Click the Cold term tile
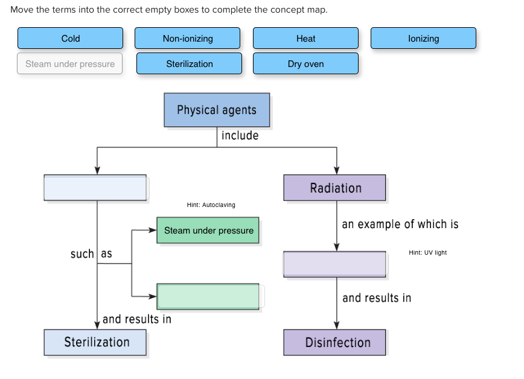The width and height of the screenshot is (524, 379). point(71,38)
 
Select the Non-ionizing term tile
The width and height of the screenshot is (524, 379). point(187,38)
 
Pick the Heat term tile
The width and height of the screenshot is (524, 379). point(305,38)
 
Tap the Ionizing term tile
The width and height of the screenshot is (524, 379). point(423,38)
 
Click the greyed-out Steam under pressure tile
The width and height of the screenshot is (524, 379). point(70,64)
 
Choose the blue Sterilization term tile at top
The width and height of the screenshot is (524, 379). point(189,64)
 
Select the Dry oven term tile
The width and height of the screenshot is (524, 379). point(305,64)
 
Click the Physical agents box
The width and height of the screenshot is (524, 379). point(217,110)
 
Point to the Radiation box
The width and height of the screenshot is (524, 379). point(334,188)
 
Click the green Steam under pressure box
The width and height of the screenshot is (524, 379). point(208,231)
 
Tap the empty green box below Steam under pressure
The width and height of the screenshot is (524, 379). point(208,296)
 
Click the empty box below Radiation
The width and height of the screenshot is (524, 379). point(334,264)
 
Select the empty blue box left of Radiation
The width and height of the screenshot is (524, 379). point(95,188)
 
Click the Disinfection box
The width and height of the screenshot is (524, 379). point(334,342)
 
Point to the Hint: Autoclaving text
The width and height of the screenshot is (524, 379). point(211,205)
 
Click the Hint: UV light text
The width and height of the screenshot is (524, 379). point(427,253)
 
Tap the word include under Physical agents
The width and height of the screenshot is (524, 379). point(240,136)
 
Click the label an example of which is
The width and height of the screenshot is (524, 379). point(400,225)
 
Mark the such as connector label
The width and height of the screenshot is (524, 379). point(91,254)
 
